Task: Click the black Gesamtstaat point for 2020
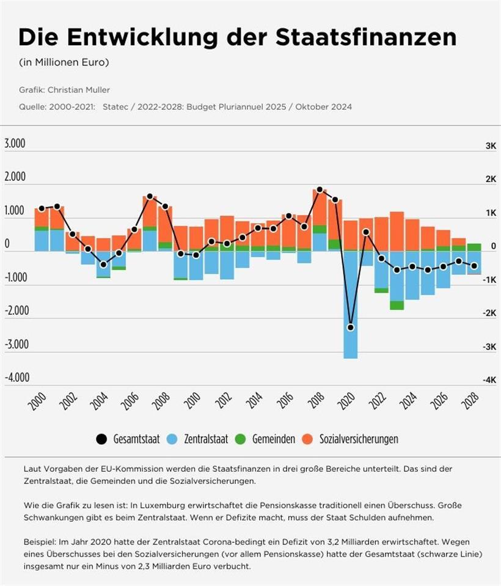point(350,328)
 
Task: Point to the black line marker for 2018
point(320,190)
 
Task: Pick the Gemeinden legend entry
point(266,439)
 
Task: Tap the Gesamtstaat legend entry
point(129,439)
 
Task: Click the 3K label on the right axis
point(474,146)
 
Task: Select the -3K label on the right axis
point(474,346)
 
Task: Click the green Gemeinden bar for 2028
point(474,247)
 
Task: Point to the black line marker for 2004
point(103,265)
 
